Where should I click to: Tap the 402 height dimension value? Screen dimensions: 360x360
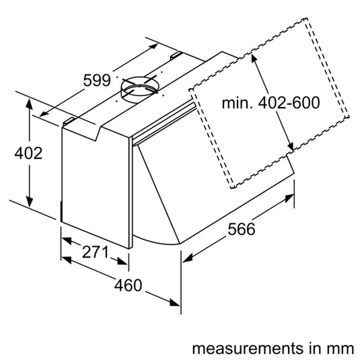(x=28, y=153)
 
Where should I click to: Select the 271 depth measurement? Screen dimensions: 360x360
(x=95, y=253)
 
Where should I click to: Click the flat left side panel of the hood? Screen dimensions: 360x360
(x=94, y=182)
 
